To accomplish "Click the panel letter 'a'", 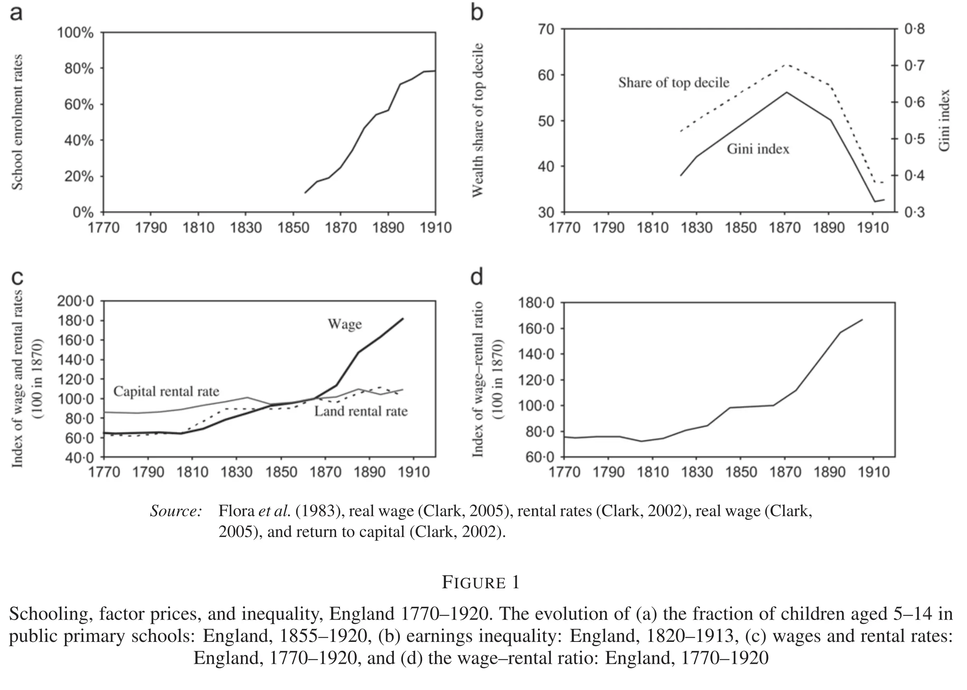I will point(16,13).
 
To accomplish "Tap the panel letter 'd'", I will point(477,277).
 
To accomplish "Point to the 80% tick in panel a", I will point(79,68).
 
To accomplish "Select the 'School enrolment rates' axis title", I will point(17,122).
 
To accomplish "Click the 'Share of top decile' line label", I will point(673,83).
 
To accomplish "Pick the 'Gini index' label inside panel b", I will point(758,149).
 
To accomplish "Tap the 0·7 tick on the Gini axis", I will point(914,66).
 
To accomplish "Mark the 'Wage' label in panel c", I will point(345,324).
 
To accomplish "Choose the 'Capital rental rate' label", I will point(166,391).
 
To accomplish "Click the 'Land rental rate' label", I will point(361,411).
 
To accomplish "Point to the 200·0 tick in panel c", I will point(75,301).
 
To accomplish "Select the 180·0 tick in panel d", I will point(536,303).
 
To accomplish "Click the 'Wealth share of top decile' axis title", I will point(478,120).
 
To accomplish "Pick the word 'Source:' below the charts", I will point(176,511).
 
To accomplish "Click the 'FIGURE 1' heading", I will point(480,582).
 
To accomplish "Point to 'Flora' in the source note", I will point(236,511).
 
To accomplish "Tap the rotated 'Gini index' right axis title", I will point(944,120).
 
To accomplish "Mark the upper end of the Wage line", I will point(403,318).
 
